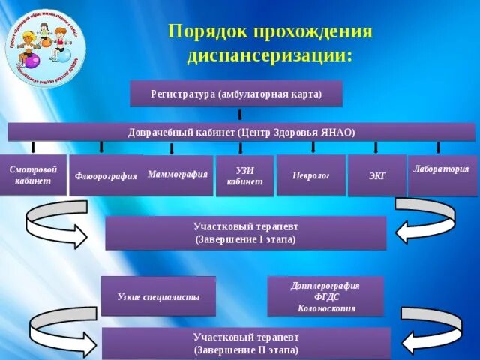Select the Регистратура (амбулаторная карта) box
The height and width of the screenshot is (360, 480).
click(236, 94)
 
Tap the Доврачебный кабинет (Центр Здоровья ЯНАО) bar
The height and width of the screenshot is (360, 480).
click(241, 132)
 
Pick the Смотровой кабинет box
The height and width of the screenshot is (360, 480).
click(33, 175)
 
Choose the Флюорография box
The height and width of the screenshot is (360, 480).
click(106, 176)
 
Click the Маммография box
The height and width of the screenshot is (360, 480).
click(178, 174)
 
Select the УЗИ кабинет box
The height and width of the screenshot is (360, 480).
click(244, 176)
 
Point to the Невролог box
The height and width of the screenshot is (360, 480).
click(310, 175)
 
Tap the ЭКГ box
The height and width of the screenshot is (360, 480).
click(377, 176)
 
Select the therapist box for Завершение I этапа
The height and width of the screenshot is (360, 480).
click(245, 232)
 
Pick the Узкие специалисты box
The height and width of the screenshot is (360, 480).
click(158, 296)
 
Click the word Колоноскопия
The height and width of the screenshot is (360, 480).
click(325, 307)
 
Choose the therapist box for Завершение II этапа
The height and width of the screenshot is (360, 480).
click(245, 343)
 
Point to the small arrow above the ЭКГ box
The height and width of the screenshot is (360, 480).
click(376, 148)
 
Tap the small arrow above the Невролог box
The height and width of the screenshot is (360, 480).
click(309, 148)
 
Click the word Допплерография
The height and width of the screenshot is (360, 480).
click(325, 286)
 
